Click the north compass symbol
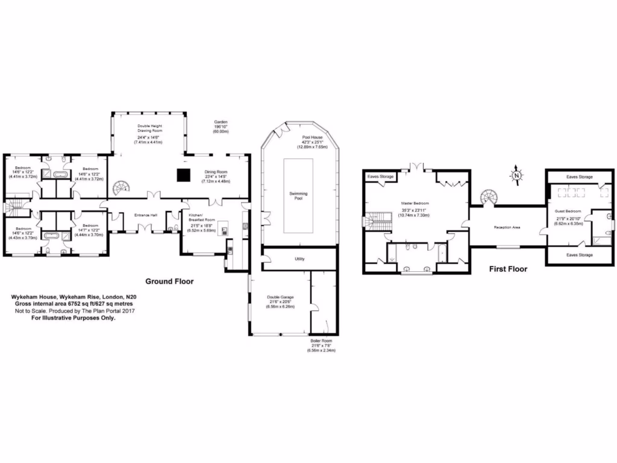click(x=516, y=175)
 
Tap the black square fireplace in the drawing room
click(x=183, y=175)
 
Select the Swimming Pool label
click(x=298, y=195)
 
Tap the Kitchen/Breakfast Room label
click(x=202, y=218)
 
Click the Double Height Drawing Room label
click(x=149, y=128)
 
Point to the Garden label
click(x=221, y=122)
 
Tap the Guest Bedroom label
click(x=568, y=211)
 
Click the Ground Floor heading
click(x=169, y=282)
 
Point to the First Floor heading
click(x=508, y=269)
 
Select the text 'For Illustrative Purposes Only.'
click(x=73, y=318)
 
